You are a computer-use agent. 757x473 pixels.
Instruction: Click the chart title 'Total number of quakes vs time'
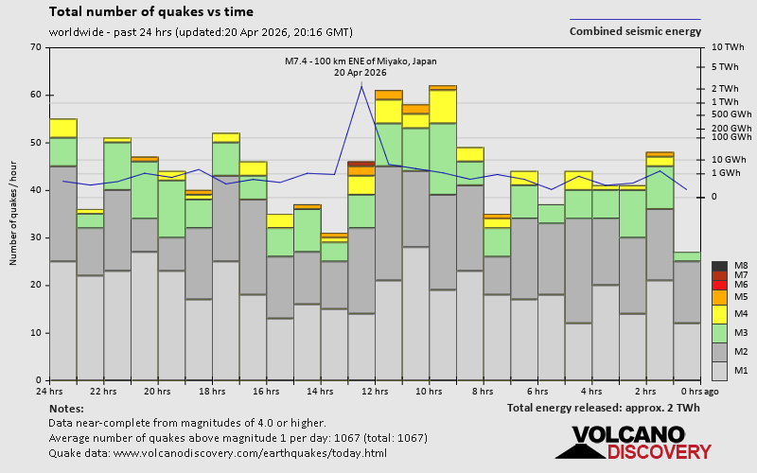click(x=150, y=12)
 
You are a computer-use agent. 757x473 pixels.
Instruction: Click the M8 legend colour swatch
click(x=719, y=267)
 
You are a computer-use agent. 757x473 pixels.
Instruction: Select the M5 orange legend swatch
click(x=719, y=297)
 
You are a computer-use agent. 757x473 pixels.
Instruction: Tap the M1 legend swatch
click(x=719, y=369)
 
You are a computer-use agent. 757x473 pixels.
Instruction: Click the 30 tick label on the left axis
click(x=36, y=237)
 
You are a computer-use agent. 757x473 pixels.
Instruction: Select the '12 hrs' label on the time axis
click(x=375, y=391)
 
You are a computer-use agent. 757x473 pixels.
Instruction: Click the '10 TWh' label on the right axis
click(x=729, y=47)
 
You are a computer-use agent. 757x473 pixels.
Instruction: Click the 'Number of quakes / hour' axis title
click(x=14, y=213)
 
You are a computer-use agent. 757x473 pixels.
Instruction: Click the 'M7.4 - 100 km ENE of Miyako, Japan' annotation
click(x=361, y=61)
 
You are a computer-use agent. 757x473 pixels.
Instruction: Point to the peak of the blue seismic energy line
click(x=361, y=86)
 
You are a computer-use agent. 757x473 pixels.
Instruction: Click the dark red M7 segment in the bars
click(x=361, y=164)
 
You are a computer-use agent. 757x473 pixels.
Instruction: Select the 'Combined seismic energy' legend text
click(x=635, y=31)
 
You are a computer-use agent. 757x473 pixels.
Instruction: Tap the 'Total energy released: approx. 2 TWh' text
click(x=603, y=408)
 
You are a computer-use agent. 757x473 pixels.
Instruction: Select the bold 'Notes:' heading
click(x=65, y=408)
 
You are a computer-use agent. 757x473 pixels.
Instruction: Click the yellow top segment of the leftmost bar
click(x=63, y=128)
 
